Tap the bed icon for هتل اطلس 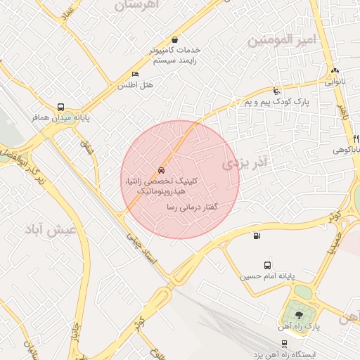pyautogui.click(x=135, y=75)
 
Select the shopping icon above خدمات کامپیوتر pyautogui.click(x=174, y=40)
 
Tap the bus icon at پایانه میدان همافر pyautogui.click(x=61, y=107)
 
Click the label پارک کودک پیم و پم pyautogui.click(x=278, y=103)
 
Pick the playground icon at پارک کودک pyautogui.click(x=277, y=91)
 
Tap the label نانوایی pyautogui.click(x=335, y=82)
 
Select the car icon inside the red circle pyautogui.click(x=161, y=170)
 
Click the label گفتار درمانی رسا pyautogui.click(x=191, y=207)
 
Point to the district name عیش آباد pyautogui.click(x=51, y=229)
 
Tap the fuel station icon pyautogui.click(x=255, y=236)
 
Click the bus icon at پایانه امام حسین pyautogui.click(x=268, y=265)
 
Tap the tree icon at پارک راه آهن pyautogui.click(x=300, y=315)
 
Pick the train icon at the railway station pyautogui.click(x=283, y=344)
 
